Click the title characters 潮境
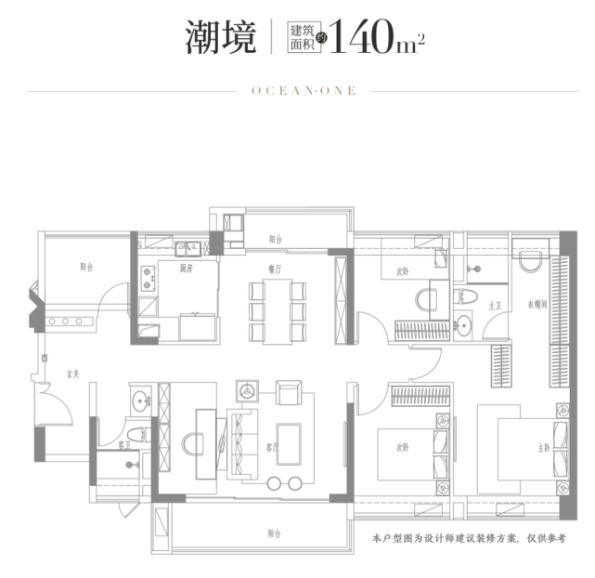click(218, 38)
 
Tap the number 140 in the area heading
click(366, 39)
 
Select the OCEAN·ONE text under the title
click(297, 91)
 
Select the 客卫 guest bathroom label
click(125, 447)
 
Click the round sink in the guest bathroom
click(140, 401)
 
